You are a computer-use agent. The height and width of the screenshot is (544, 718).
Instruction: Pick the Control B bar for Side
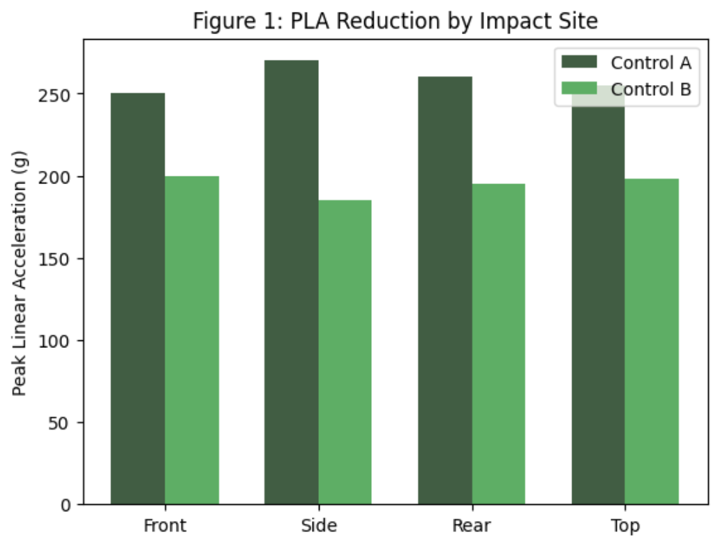point(345,352)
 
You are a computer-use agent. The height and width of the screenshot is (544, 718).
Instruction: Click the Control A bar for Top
point(598,307)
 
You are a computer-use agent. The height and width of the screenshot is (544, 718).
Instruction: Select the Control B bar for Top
point(652,342)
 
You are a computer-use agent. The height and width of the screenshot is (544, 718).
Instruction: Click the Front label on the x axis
point(165,525)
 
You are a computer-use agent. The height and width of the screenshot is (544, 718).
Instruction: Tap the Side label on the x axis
point(318,525)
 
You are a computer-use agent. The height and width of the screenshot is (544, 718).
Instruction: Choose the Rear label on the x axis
point(472,525)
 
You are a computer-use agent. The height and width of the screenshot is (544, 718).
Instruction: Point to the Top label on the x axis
point(625,525)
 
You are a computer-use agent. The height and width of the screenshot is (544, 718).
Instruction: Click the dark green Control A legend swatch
point(579,62)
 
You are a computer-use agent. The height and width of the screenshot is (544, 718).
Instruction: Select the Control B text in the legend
point(650,89)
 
